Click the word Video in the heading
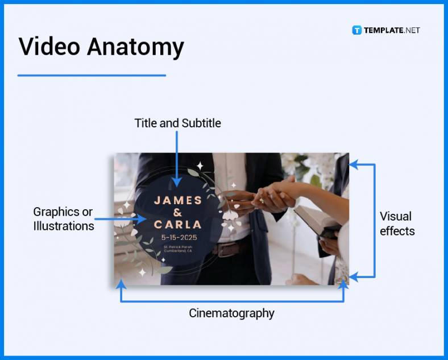pyautogui.click(x=48, y=47)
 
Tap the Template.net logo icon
pyautogui.click(x=357, y=30)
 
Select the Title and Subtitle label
pyautogui.click(x=177, y=123)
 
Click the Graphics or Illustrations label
pyautogui.click(x=63, y=218)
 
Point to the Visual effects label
pyautogui.click(x=397, y=224)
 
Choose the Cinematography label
pyautogui.click(x=231, y=313)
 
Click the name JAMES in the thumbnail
pyautogui.click(x=178, y=200)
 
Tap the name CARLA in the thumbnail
pyautogui.click(x=178, y=224)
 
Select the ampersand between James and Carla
pyautogui.click(x=177, y=212)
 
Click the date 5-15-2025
pyautogui.click(x=178, y=237)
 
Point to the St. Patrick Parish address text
pyautogui.click(x=178, y=249)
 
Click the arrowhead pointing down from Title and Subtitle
pyautogui.click(x=177, y=181)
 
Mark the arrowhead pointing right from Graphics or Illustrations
pyautogui.click(x=141, y=218)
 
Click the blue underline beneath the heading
pyautogui.click(x=92, y=75)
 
